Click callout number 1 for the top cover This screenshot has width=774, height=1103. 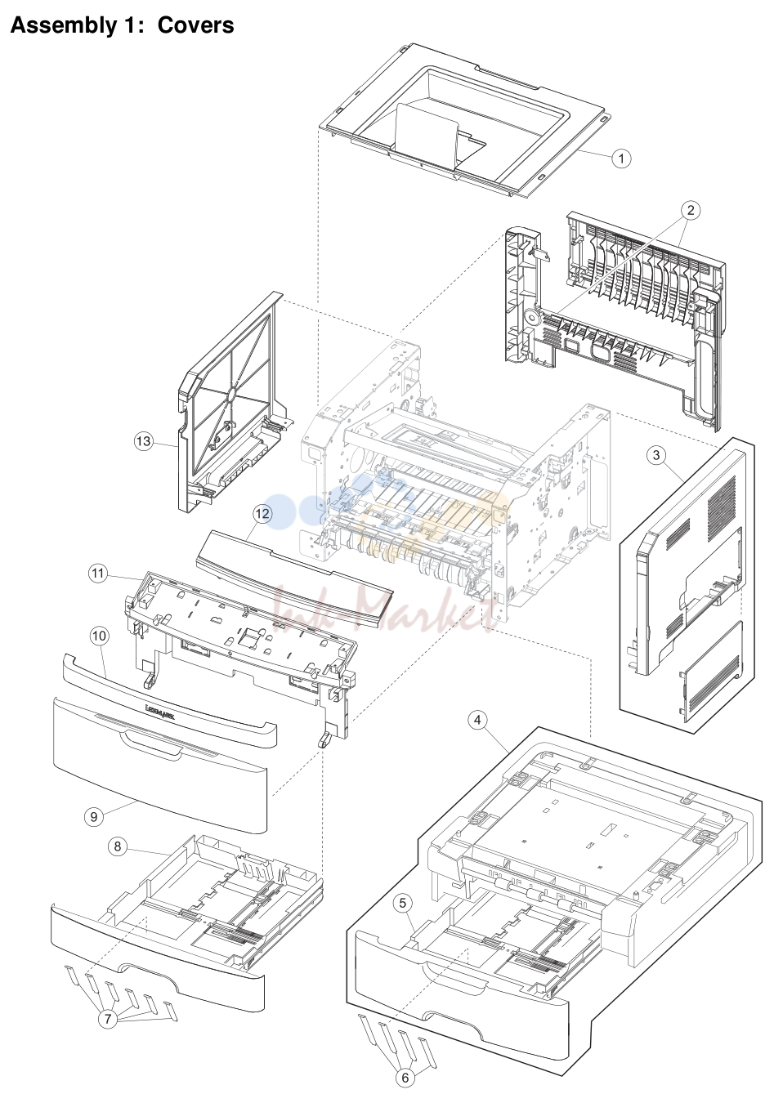[x=621, y=159]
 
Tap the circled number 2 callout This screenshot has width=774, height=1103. [x=691, y=210]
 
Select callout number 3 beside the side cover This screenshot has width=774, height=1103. [x=655, y=454]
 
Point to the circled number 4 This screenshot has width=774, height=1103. [x=477, y=721]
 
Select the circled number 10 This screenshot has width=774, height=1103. [x=99, y=636]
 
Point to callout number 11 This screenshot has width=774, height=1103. [x=97, y=574]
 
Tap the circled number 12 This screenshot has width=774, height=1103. [x=262, y=514]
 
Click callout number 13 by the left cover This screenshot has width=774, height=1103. [x=143, y=440]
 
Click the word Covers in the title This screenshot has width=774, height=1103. [x=195, y=25]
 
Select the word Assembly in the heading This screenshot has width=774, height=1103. [x=62, y=26]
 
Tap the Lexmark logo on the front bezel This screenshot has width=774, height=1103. [x=160, y=712]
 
